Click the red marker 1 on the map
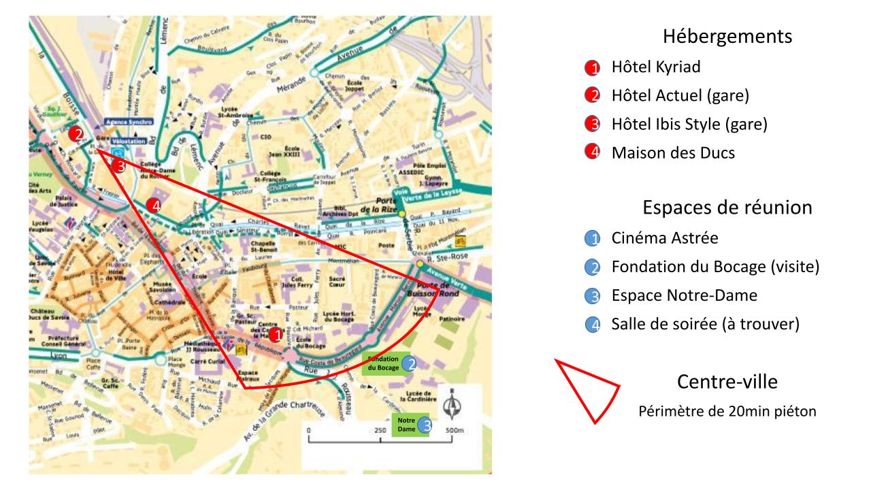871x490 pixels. click(x=276, y=335)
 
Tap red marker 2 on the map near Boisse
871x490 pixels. click(x=79, y=135)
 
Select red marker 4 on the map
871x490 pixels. click(x=154, y=206)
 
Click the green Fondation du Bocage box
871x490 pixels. click(x=382, y=363)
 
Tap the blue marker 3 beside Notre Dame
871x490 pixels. click(x=426, y=425)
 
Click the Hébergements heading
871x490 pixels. click(x=727, y=36)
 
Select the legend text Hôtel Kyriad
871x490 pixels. click(x=655, y=67)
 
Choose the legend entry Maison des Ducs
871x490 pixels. click(x=673, y=153)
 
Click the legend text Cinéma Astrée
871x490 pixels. click(x=665, y=238)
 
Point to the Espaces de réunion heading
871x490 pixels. click(x=727, y=208)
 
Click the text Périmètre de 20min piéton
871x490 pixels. click(x=727, y=412)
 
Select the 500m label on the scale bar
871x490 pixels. click(x=454, y=431)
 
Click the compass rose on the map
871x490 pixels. click(x=451, y=406)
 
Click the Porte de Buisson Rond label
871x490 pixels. click(x=436, y=291)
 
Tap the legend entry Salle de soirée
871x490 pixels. click(x=704, y=324)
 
